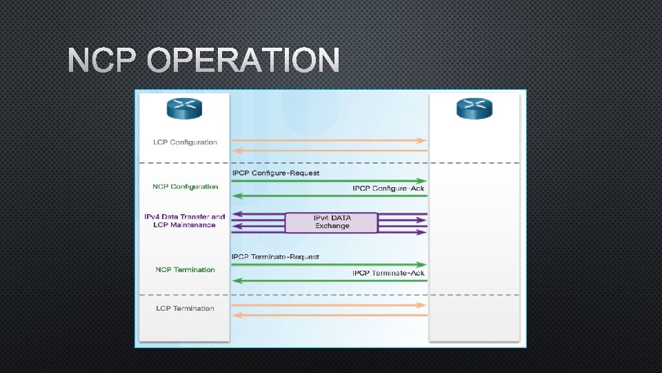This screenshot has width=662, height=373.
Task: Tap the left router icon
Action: click(184, 108)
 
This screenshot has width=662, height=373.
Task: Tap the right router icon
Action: click(474, 108)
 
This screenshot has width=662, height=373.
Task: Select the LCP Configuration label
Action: click(185, 142)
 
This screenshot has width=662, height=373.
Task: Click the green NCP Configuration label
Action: click(185, 186)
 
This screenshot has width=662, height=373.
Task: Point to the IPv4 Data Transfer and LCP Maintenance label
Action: click(184, 221)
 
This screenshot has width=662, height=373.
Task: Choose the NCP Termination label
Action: click(185, 269)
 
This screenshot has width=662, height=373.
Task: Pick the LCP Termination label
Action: click(185, 308)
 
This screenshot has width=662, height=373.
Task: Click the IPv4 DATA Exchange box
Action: click(332, 222)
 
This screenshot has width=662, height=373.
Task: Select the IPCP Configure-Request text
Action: click(275, 173)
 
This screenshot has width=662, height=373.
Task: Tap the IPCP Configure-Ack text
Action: click(388, 188)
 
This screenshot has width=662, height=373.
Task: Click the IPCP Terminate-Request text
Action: click(275, 257)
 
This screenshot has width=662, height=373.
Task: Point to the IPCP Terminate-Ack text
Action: click(388, 273)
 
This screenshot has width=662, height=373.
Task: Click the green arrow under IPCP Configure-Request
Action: click(330, 180)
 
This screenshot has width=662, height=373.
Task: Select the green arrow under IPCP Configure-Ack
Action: click(330, 196)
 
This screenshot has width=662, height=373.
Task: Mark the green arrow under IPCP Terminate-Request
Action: click(330, 265)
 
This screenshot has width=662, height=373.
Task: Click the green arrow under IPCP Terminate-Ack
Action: click(330, 280)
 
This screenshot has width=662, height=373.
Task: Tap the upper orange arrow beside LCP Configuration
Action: click(330, 140)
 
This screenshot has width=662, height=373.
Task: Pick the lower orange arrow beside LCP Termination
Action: click(330, 315)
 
